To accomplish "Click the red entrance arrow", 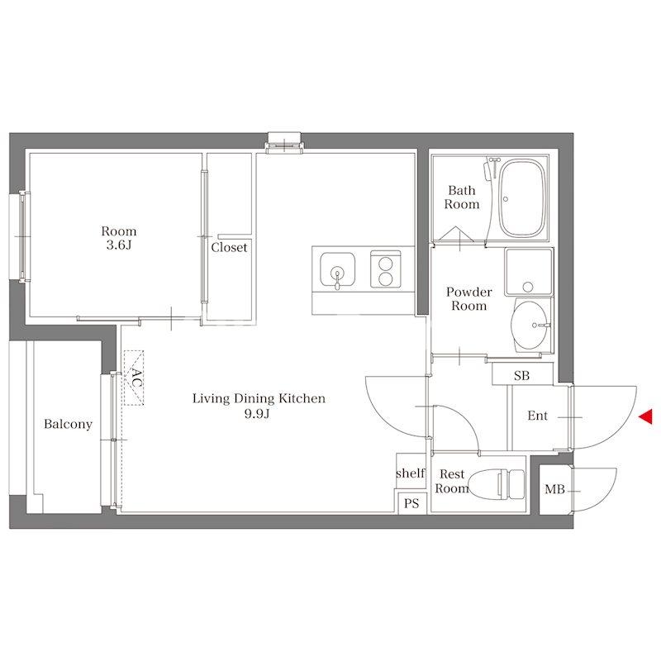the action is [646, 416].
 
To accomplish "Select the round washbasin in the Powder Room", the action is [529, 325].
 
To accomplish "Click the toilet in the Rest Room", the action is [497, 484].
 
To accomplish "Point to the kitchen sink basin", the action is [337, 270].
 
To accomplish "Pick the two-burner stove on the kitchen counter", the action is [385, 269].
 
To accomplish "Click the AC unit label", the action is [136, 378].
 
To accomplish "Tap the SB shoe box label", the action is [521, 375].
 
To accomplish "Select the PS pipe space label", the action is [411, 503].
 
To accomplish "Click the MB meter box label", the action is [554, 489].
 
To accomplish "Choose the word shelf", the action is [411, 473].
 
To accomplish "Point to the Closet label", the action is [229, 247].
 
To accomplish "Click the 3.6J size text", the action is [119, 245].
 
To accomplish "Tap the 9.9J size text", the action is [257, 414].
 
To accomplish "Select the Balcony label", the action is [68, 424].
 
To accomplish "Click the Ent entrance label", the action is [538, 416].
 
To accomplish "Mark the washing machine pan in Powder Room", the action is [529, 272].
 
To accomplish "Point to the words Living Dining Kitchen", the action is [259, 398].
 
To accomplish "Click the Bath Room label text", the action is [462, 197].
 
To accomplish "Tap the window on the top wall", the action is [283, 142].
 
